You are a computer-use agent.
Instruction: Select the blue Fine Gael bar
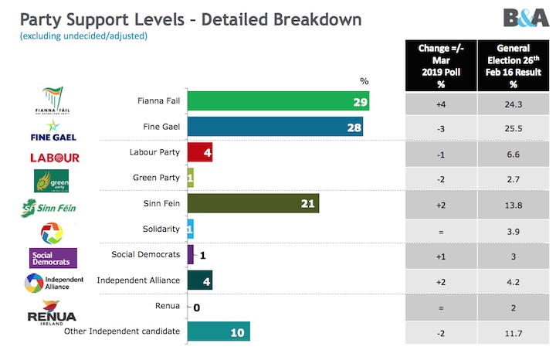click(x=275, y=127)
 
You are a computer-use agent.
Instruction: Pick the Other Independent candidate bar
click(x=219, y=331)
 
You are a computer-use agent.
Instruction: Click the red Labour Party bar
click(x=199, y=152)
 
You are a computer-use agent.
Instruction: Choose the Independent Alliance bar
click(x=199, y=280)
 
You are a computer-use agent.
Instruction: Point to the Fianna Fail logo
click(x=52, y=103)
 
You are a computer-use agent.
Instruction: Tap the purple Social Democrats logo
click(x=53, y=258)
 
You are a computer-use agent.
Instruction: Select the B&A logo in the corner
click(x=526, y=18)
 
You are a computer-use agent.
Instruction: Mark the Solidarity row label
click(x=161, y=229)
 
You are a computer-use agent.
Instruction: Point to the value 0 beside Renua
click(x=197, y=307)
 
